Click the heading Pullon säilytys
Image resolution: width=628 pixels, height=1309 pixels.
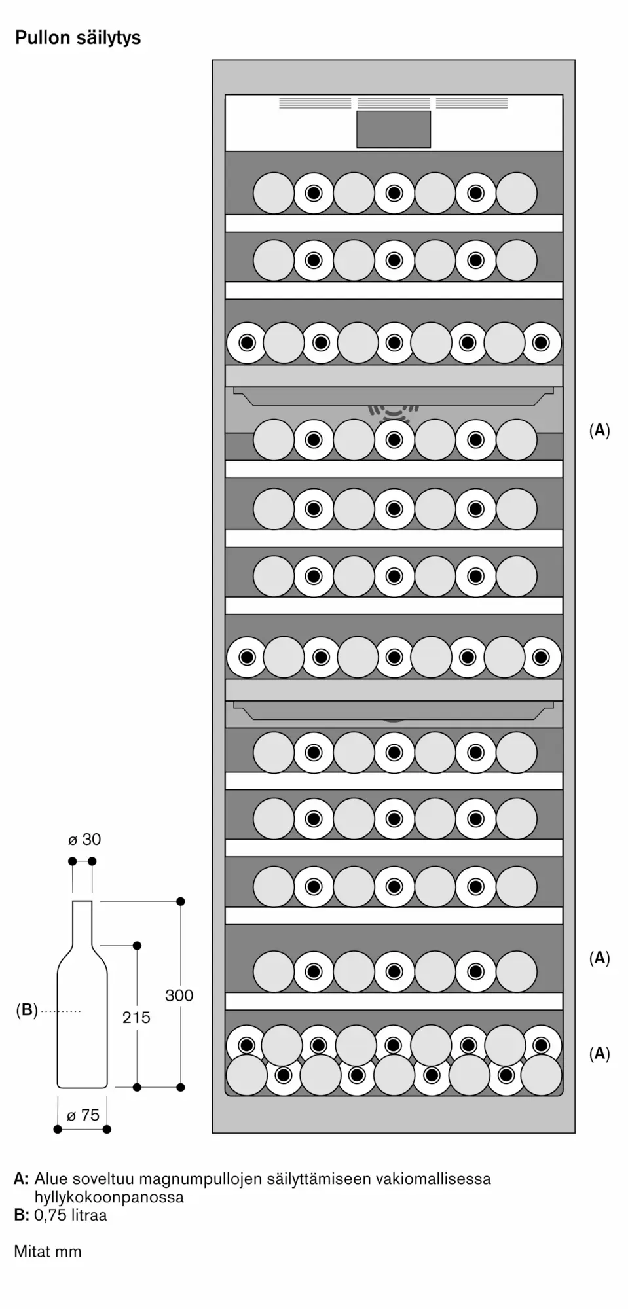pyautogui.click(x=78, y=38)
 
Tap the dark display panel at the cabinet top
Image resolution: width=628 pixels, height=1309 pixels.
pyautogui.click(x=394, y=129)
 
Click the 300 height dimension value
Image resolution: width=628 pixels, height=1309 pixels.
pyautogui.click(x=179, y=995)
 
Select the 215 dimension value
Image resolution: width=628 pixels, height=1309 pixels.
pyautogui.click(x=136, y=1017)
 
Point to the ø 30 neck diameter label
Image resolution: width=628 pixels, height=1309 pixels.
pyautogui.click(x=84, y=840)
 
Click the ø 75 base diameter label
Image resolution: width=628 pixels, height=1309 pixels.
pyautogui.click(x=83, y=1115)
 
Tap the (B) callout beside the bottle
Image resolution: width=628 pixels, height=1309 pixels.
pyautogui.click(x=27, y=1010)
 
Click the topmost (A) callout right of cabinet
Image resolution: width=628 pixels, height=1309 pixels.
pyautogui.click(x=599, y=430)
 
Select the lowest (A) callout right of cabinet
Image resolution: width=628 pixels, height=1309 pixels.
pyautogui.click(x=599, y=1053)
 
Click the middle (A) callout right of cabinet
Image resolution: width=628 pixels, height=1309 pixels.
pyautogui.click(x=599, y=958)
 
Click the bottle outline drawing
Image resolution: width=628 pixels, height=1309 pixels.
pyautogui.click(x=82, y=994)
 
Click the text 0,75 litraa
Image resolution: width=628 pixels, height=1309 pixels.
pyautogui.click(x=71, y=1215)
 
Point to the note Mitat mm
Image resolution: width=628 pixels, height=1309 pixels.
pyautogui.click(x=48, y=1251)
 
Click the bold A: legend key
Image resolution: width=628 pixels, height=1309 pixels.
pyautogui.click(x=22, y=1179)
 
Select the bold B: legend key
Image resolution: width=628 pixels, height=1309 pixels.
pyautogui.click(x=22, y=1215)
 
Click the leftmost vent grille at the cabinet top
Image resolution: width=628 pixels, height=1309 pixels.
pyautogui.click(x=315, y=103)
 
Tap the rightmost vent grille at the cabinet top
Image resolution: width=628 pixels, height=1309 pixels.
pyautogui.click(x=471, y=103)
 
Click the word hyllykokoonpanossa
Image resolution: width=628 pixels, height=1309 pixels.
pyautogui.click(x=109, y=1197)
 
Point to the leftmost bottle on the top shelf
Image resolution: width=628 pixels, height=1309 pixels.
pyautogui.click(x=273, y=193)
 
